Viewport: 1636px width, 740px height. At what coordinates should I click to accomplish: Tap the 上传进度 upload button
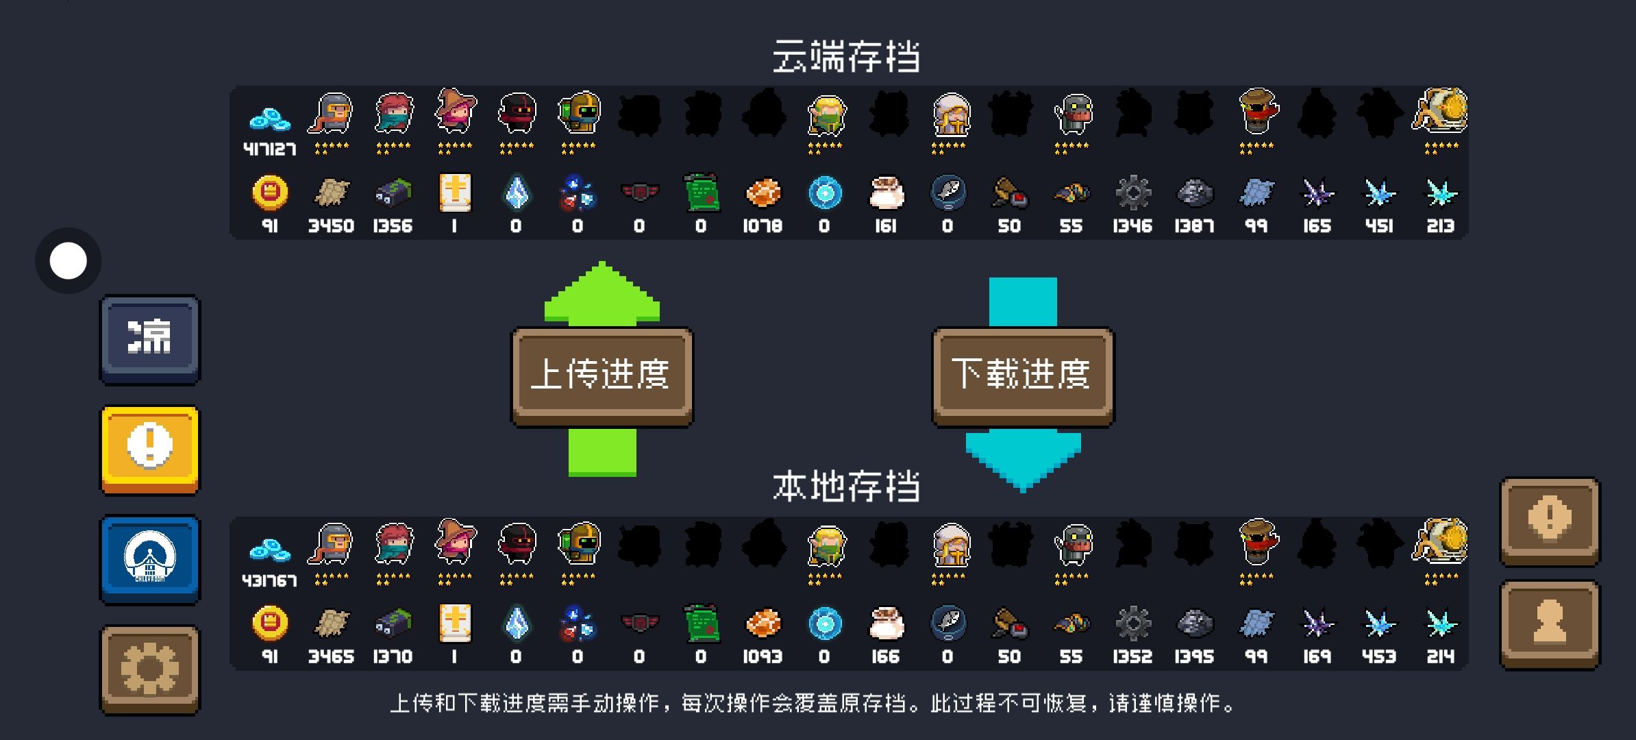coord(602,375)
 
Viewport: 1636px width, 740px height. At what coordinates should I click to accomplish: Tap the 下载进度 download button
coord(1022,375)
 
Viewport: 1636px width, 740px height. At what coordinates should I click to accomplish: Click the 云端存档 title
coord(846,56)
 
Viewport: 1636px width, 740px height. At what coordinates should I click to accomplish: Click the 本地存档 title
coord(846,486)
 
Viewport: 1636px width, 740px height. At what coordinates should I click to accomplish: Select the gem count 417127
coord(270,149)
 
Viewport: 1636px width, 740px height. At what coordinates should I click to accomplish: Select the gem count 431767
coord(270,580)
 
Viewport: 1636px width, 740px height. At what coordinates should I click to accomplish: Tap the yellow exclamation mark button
coord(150,449)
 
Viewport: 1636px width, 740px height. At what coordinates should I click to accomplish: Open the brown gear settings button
coord(150,669)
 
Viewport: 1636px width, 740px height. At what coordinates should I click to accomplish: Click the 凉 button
coord(150,339)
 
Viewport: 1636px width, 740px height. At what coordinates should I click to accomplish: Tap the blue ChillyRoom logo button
coord(150,559)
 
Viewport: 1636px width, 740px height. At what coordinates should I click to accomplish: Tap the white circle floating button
coord(69,261)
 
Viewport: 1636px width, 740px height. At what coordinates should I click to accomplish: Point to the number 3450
coord(331,226)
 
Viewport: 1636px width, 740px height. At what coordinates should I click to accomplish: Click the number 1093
coord(763,656)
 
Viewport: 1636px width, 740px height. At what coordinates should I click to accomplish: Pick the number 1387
coord(1194,226)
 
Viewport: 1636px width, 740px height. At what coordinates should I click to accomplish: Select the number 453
coord(1379,656)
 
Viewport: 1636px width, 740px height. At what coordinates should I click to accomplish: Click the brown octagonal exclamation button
coord(1550,521)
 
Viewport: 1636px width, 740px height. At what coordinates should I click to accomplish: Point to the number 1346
coord(1132,226)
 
